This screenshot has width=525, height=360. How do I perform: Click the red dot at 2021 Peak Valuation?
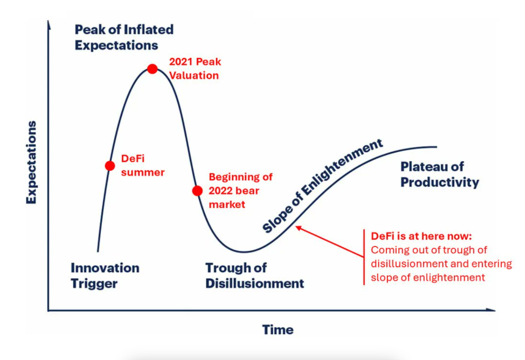tap(153, 69)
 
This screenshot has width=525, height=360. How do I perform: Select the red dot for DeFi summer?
tap(110, 165)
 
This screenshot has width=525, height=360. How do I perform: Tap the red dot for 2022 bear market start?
tap(197, 190)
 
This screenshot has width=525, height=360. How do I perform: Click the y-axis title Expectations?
tap(31, 162)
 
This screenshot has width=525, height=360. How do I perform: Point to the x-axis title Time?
tap(278, 329)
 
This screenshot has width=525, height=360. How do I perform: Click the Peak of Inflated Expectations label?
tap(124, 37)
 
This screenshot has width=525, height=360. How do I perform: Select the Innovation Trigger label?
tap(105, 275)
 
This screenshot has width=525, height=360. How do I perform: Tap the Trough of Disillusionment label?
tap(255, 275)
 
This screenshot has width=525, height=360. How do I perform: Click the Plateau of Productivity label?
tap(440, 174)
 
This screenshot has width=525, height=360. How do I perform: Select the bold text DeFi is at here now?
tap(421, 236)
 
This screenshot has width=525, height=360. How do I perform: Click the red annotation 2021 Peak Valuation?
tap(195, 69)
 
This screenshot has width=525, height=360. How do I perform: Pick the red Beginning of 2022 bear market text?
tap(241, 190)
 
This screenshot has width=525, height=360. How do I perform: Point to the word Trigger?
tap(94, 283)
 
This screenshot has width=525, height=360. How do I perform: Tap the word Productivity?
tap(440, 182)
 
